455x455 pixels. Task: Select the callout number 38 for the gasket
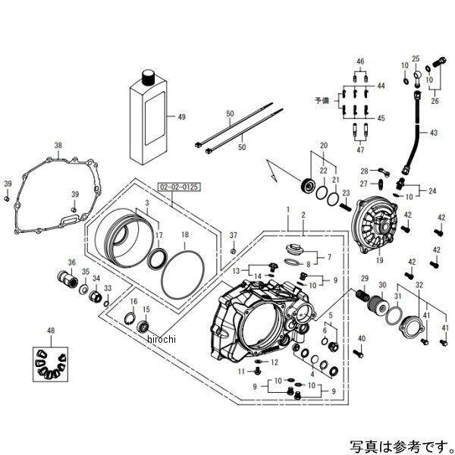tap(58, 144)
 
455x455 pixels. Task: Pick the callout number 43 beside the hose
tap(434, 132)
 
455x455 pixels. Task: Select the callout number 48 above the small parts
tap(51, 332)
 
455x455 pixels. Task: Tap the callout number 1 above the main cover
tap(287, 207)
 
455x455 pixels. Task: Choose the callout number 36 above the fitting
tap(73, 263)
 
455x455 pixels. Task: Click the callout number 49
tap(181, 117)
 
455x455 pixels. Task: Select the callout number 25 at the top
tap(416, 58)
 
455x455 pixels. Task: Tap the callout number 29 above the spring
tap(363, 279)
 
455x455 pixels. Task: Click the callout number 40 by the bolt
tap(361, 338)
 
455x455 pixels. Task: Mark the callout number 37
tap(234, 235)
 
